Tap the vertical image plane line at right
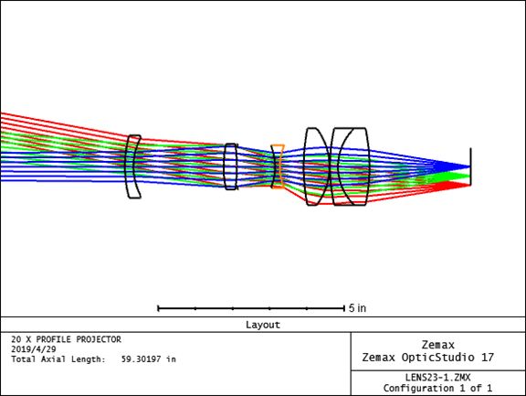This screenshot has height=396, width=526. [470, 166]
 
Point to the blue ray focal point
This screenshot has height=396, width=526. [469, 166]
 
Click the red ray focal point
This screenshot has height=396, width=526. [469, 185]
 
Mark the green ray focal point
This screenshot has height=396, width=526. [469, 176]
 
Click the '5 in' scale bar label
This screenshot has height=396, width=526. [358, 308]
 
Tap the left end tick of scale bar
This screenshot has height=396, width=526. [158, 308]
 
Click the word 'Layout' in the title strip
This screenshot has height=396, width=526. [263, 325]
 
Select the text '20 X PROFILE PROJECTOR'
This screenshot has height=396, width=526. [66, 339]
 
